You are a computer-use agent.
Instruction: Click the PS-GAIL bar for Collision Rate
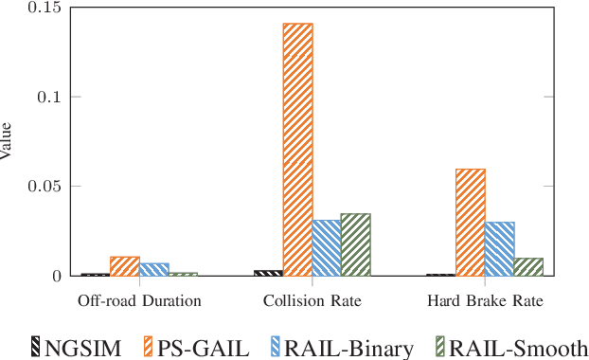tap(297, 150)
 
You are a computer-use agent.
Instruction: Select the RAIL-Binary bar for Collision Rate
tap(327, 248)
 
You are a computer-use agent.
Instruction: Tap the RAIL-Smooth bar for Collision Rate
tap(356, 244)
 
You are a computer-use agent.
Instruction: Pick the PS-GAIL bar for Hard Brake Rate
tap(471, 223)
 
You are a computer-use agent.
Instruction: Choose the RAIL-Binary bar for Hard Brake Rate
tap(500, 249)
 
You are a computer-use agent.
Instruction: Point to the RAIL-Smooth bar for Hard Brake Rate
tap(529, 266)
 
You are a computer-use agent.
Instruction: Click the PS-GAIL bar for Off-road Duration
tap(124, 266)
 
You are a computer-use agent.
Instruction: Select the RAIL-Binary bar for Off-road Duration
tap(153, 269)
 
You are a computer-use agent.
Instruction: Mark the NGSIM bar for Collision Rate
tap(268, 273)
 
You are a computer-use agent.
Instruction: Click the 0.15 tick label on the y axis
tap(41, 8)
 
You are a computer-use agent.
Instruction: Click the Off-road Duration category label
tap(139, 302)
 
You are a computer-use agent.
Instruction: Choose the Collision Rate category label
tap(312, 302)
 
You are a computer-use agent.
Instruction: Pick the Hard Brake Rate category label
tap(486, 302)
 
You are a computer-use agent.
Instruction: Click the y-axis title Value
tap(8, 141)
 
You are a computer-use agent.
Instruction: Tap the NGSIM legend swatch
tap(36, 347)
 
